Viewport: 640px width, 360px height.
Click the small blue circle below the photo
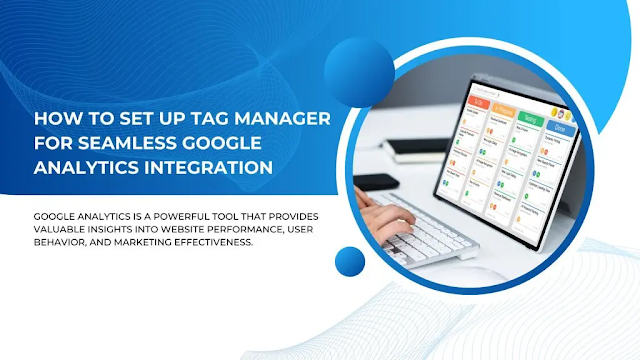coord(351,262)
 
